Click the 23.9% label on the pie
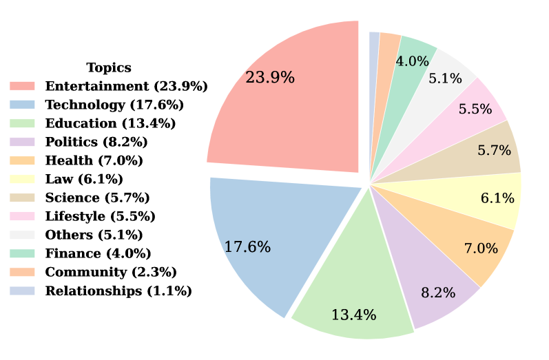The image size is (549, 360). click(270, 78)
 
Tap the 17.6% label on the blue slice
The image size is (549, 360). click(247, 247)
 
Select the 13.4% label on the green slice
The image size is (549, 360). click(353, 315)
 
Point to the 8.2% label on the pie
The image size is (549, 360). click(438, 293)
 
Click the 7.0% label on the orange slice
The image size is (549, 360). click(481, 248)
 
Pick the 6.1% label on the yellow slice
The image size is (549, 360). click(497, 199)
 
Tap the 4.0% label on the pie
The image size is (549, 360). click(412, 61)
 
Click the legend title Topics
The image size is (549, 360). click(109, 67)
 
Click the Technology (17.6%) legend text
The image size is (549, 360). click(114, 105)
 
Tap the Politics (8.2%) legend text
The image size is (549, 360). click(96, 142)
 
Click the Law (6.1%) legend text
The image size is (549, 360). click(84, 179)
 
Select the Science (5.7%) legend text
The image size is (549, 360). click(97, 198)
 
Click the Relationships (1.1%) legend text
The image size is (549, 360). click(118, 290)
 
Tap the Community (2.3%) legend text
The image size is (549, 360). click(111, 272)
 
